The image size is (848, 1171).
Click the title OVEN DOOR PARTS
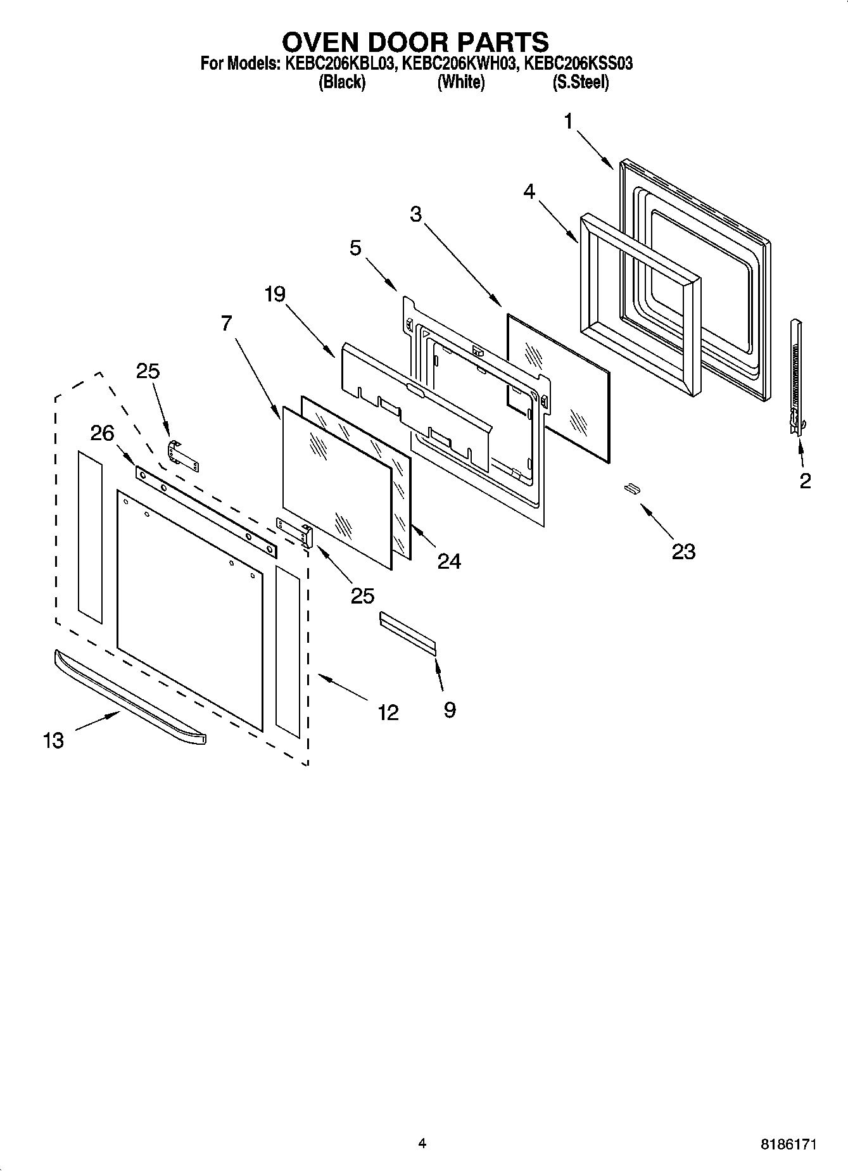[415, 42]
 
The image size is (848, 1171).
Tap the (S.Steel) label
[581, 82]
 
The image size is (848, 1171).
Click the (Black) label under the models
[342, 82]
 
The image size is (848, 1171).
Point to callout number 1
[569, 121]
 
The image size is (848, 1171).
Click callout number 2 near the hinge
[805, 481]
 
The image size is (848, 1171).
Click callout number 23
[683, 552]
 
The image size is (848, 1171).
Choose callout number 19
[275, 294]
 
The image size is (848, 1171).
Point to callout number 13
[54, 740]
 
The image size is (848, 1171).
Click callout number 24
[449, 561]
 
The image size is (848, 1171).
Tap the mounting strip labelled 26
[206, 511]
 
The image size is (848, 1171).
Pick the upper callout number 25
[148, 371]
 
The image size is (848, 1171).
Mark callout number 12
[388, 712]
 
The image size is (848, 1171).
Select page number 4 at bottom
[422, 1143]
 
